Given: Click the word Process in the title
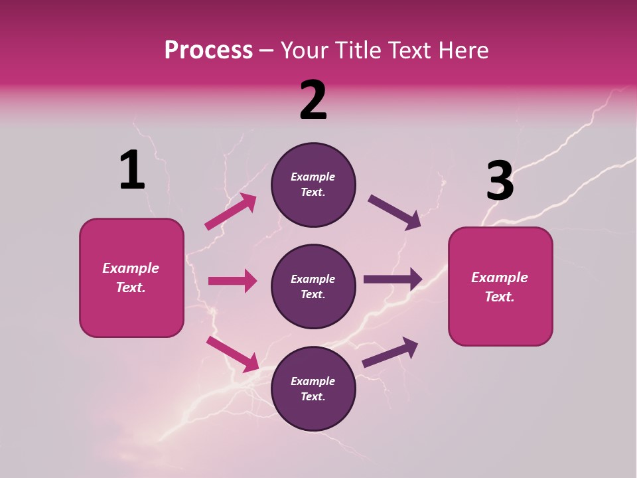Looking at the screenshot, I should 208,50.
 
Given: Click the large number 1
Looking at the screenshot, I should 132,170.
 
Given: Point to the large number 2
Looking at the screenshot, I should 313,100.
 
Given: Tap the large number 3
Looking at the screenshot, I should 500,181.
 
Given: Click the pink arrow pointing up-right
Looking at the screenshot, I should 230,212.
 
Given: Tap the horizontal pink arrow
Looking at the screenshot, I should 232,281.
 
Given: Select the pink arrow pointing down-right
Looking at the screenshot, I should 232,353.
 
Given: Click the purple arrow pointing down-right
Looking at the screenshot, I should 394,212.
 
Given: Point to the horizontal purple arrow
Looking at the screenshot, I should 392,279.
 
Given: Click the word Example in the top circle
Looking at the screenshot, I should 313,177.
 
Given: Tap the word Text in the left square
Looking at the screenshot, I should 130,287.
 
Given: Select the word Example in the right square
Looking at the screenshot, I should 500,278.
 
